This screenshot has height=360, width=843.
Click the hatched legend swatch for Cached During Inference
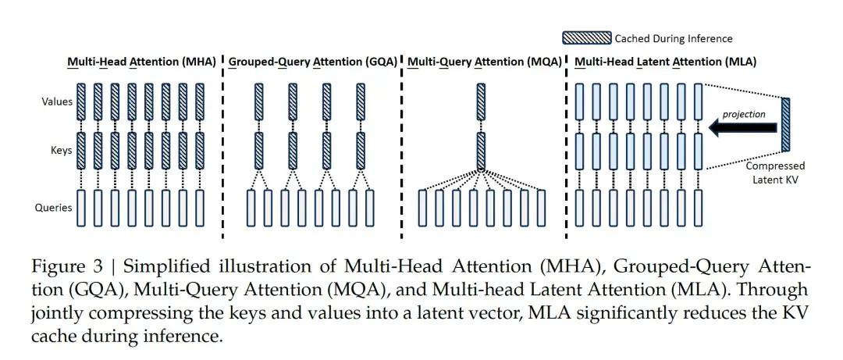[586, 37]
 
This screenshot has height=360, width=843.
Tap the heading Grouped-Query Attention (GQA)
[313, 61]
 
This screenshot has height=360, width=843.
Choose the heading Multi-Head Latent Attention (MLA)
[665, 61]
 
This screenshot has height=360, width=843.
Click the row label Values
[57, 102]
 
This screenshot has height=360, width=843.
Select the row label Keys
[62, 152]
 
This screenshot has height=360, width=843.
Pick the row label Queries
[55, 208]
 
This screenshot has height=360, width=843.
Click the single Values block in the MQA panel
[481, 102]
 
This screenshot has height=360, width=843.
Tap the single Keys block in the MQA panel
[481, 151]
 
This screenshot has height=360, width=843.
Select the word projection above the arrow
[743, 114]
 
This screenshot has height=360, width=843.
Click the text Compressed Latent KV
[774, 173]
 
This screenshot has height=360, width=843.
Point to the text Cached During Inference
[674, 37]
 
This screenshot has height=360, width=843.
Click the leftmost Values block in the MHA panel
[80, 102]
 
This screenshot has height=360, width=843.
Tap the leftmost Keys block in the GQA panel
[259, 151]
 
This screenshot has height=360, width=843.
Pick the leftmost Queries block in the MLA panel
[579, 208]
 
